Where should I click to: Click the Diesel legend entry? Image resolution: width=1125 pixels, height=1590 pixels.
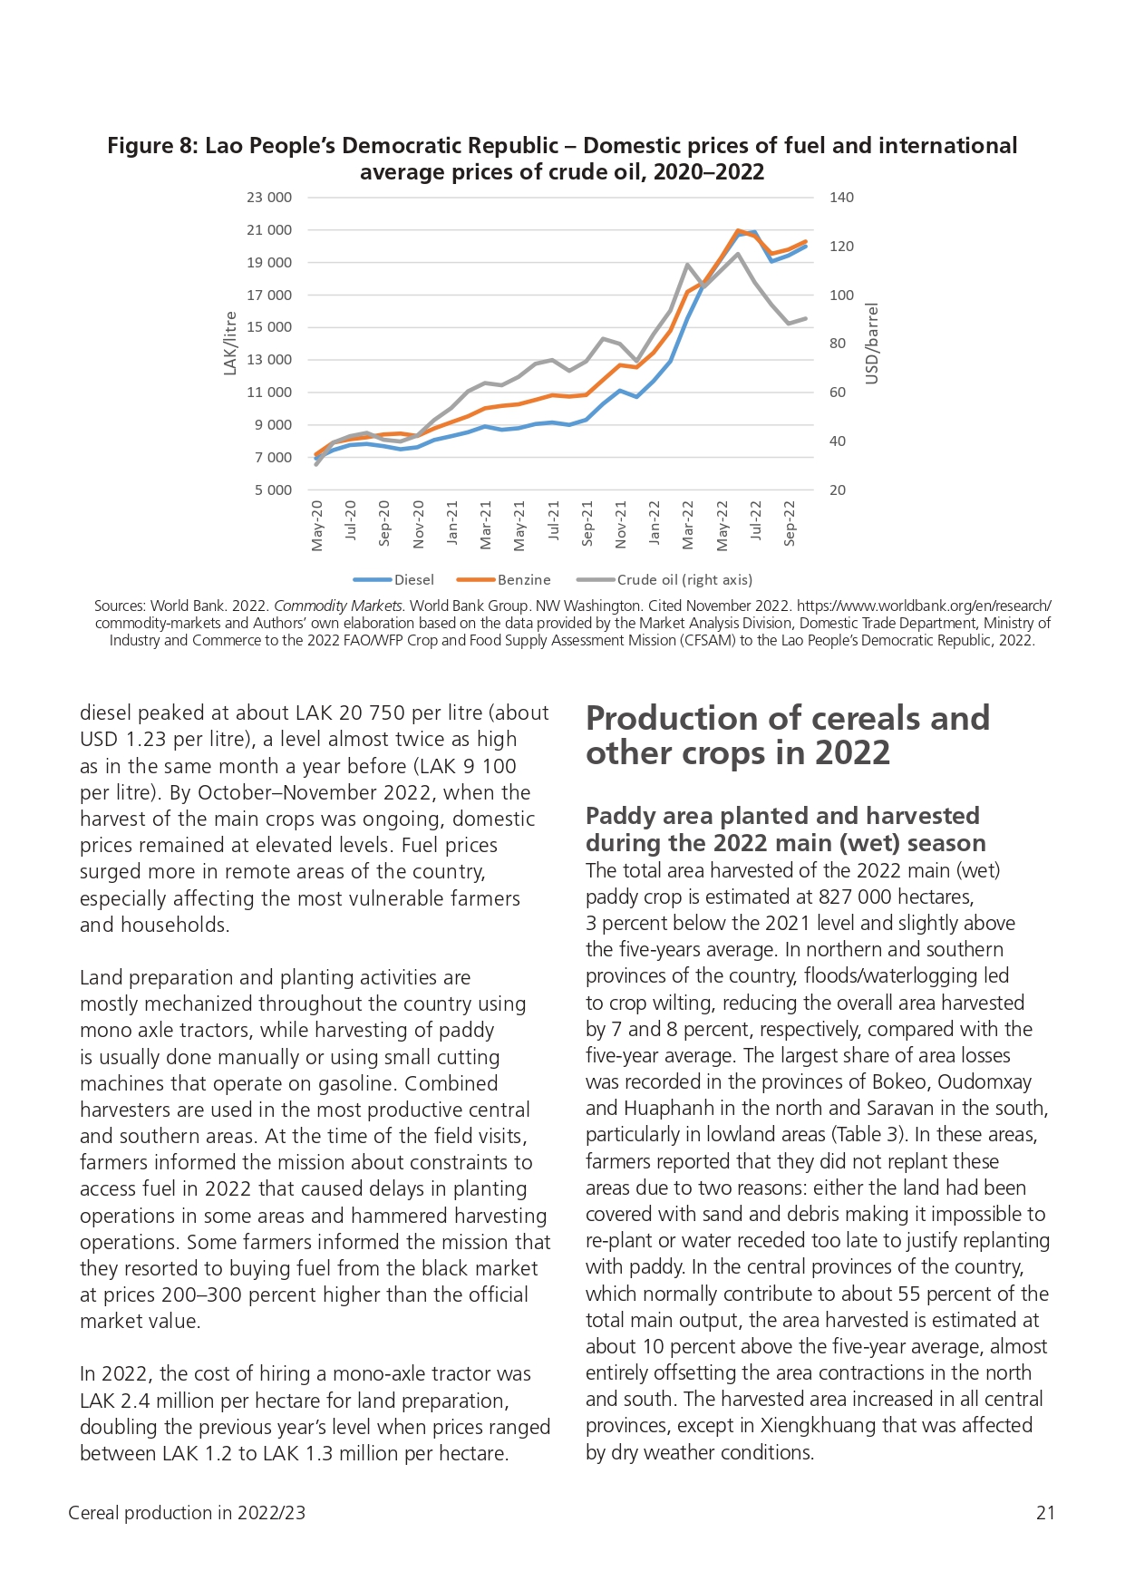pos(393,580)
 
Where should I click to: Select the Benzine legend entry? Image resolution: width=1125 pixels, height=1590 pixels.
pos(503,580)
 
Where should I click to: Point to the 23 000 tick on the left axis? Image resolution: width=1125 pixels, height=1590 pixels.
pos(269,198)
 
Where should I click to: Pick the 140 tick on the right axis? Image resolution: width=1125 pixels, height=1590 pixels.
pos(841,198)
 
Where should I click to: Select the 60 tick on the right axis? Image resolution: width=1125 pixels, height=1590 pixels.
pos(838,393)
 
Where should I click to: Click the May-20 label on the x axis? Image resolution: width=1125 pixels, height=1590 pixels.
pos(317,525)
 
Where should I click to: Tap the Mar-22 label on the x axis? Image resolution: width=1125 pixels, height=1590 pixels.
pos(688,525)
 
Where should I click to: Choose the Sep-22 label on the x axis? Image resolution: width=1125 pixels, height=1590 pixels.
pos(790,523)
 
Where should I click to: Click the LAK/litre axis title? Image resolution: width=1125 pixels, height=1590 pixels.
pos(230,343)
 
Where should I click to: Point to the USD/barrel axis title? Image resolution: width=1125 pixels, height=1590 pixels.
pos(872,344)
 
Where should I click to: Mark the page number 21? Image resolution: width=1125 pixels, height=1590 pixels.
pos(1045,1513)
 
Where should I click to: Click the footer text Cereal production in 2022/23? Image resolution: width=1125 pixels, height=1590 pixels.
pos(187,1513)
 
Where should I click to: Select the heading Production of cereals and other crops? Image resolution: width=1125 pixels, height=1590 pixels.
pos(788,735)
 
